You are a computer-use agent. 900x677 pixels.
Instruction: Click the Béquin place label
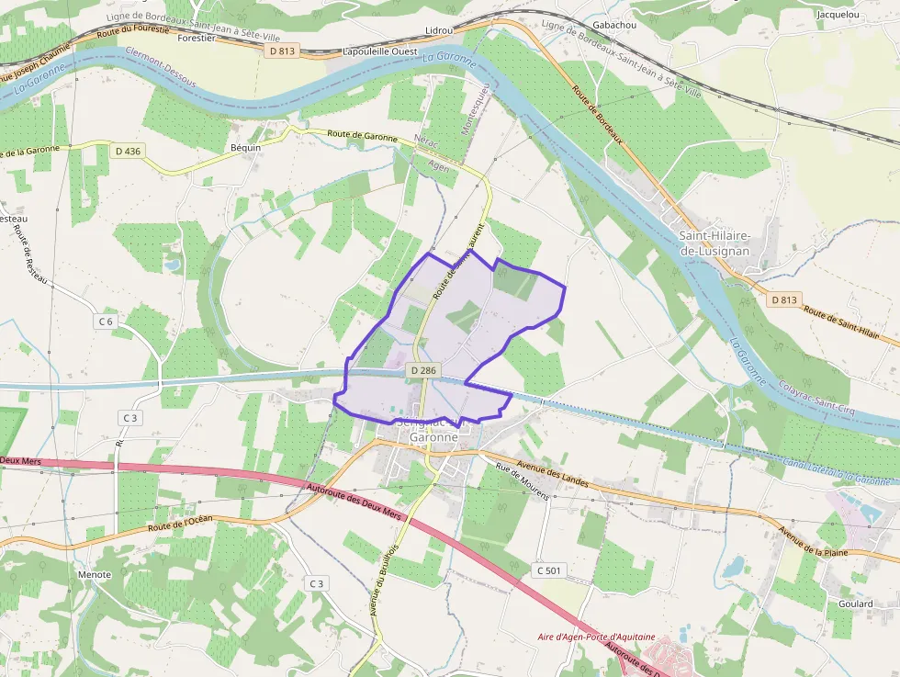(246, 147)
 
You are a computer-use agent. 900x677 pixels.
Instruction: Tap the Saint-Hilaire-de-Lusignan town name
(714, 243)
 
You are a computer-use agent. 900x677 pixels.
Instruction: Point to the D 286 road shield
(423, 370)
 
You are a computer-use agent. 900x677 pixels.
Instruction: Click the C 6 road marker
(107, 322)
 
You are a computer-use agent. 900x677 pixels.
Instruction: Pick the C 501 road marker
(547, 570)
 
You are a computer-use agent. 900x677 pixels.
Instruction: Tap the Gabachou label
(614, 25)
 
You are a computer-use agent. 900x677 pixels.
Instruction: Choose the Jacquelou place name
(838, 15)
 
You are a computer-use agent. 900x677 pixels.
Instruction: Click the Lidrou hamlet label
(440, 30)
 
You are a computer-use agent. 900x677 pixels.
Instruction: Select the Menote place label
(96, 575)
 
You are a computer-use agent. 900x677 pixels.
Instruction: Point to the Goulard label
(855, 604)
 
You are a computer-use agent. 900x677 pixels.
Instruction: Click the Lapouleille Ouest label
(379, 52)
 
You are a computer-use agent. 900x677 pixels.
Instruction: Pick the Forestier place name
(197, 39)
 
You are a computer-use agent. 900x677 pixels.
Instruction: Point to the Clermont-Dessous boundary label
(162, 67)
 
